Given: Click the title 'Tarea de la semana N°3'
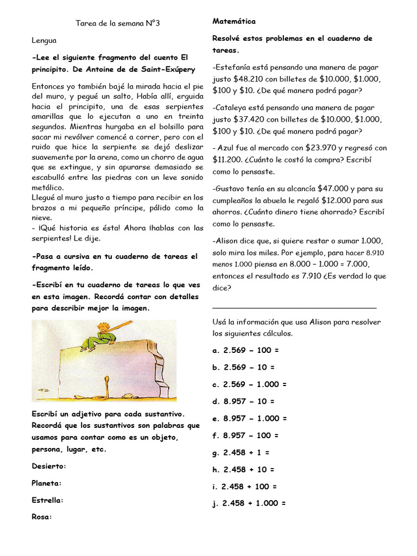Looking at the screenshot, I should point(118,23).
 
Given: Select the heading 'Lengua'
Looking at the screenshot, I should point(44,40).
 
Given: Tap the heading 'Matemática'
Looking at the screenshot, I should point(234,21).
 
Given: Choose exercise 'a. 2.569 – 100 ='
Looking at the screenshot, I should point(245,350).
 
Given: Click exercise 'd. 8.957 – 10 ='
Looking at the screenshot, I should point(244,401).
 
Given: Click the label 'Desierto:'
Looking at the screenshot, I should point(49,466).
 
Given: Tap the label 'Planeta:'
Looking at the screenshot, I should point(47,483).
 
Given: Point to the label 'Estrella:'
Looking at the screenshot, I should point(48,500).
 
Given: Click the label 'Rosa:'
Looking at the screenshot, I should point(41,517).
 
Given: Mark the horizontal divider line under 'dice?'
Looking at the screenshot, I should point(294,308).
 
